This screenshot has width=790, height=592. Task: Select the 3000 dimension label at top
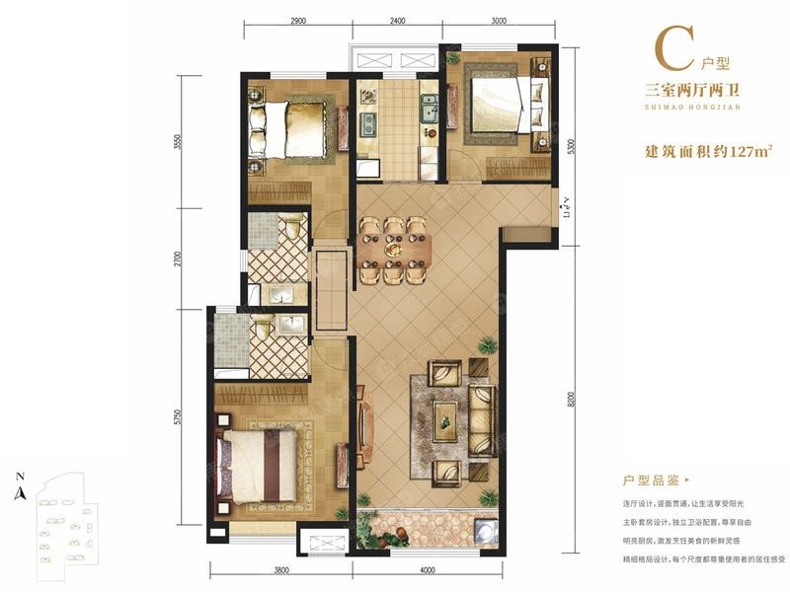tap(498, 20)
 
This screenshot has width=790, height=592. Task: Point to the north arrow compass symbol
tap(20, 490)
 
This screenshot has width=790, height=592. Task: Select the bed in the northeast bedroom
tap(502, 102)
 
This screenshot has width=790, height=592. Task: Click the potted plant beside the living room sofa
tap(487, 345)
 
